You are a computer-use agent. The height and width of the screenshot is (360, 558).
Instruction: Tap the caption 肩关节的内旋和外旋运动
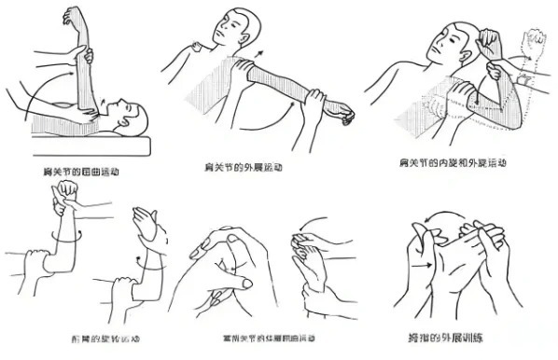[453, 162]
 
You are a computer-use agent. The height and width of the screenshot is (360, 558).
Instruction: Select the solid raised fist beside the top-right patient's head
[488, 39]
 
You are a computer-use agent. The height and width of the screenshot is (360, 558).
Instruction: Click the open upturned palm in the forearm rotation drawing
[145, 222]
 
